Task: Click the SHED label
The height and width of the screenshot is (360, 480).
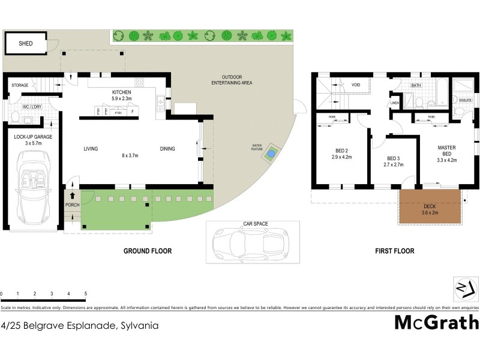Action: [x=25, y=44]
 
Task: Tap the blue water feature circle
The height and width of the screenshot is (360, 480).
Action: [x=272, y=154]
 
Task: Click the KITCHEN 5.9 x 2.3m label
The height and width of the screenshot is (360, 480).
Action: [x=125, y=95]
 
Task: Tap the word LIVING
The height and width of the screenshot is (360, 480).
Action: [x=91, y=149]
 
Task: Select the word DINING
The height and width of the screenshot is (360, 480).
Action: [x=168, y=149]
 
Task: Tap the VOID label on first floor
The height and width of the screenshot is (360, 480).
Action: [x=356, y=85]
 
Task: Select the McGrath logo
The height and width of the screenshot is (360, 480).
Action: [x=436, y=323]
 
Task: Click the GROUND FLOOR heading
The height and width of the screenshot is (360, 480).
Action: [x=147, y=251]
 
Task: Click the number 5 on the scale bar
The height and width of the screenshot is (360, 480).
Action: [x=85, y=293]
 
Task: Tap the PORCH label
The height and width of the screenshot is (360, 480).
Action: [x=72, y=205]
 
